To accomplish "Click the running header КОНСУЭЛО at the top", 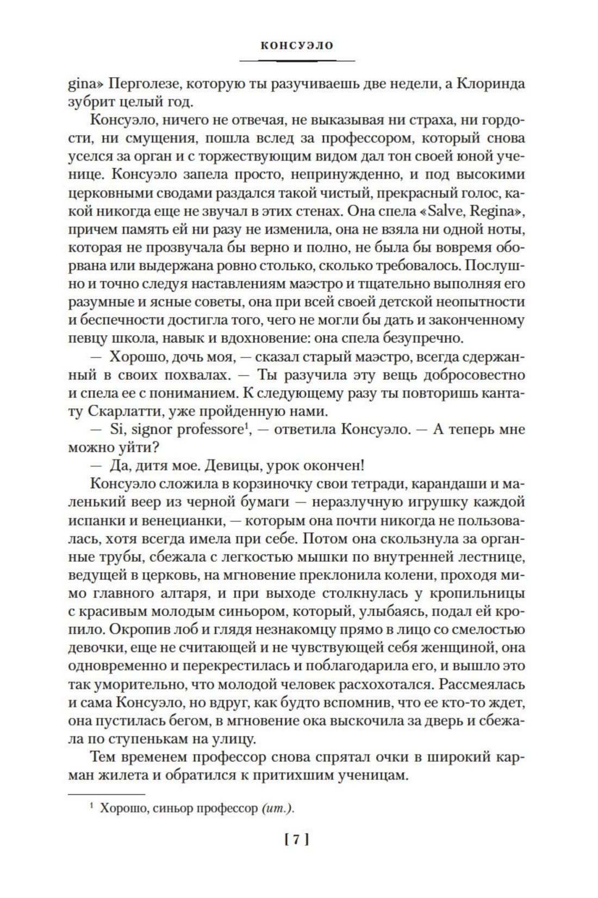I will point(297,46).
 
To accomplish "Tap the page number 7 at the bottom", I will point(297,839).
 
